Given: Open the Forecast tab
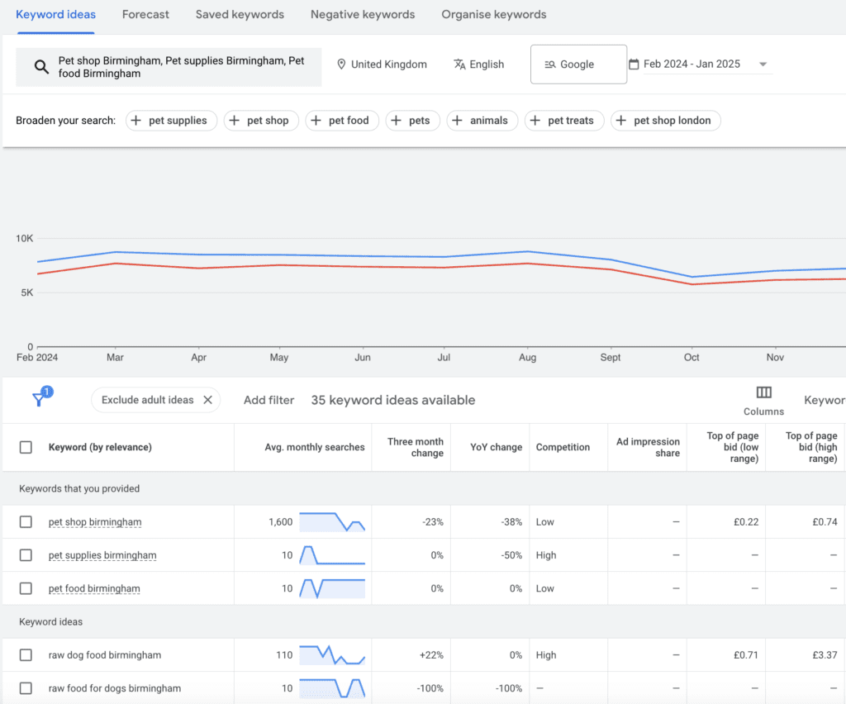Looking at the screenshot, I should click(145, 14).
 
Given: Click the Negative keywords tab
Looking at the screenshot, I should click(363, 14).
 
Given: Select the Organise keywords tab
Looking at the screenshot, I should click(493, 14).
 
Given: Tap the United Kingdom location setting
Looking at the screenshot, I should click(382, 64).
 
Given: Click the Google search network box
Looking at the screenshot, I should click(577, 64).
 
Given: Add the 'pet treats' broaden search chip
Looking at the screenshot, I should click(565, 121).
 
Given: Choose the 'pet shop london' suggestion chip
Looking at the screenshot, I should click(665, 121).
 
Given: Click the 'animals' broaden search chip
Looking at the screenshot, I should click(482, 121).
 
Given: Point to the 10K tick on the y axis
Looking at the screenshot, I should click(24, 239).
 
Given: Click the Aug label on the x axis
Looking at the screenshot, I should click(527, 358).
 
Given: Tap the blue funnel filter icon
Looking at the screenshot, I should click(39, 399).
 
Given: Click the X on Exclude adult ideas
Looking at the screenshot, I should click(207, 400).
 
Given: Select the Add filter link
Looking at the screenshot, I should click(269, 400).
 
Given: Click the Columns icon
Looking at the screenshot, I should click(763, 393).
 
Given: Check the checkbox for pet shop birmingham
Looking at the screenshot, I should click(26, 522).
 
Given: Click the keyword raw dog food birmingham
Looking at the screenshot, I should click(105, 655).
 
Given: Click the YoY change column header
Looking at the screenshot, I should click(495, 447).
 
